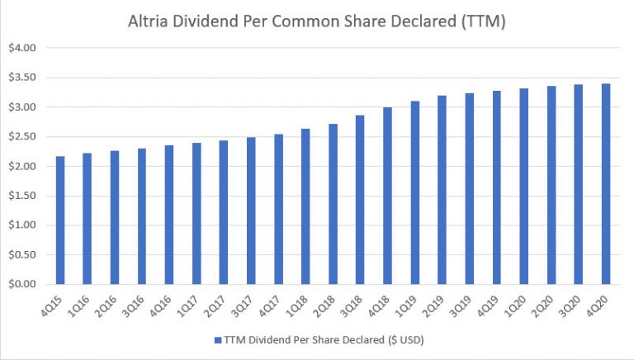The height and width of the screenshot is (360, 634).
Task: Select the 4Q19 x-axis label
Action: (492, 306)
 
